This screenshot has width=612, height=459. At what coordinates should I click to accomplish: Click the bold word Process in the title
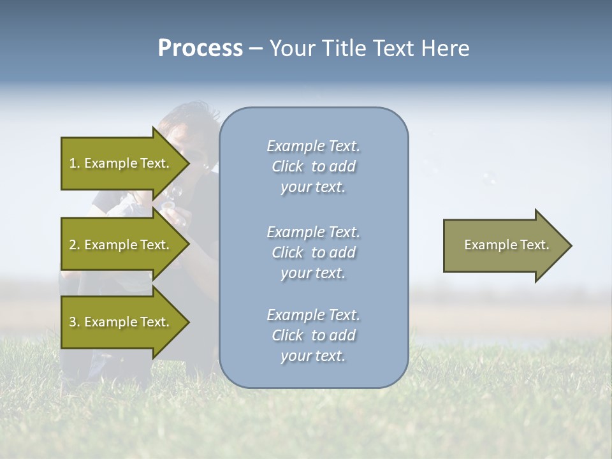[200, 48]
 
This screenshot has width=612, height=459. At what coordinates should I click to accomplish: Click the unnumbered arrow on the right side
[504, 245]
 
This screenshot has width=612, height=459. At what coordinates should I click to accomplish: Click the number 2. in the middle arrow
[75, 245]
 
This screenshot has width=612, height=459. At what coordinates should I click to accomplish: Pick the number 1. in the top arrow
[75, 163]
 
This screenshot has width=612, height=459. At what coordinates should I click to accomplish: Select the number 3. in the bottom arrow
[75, 322]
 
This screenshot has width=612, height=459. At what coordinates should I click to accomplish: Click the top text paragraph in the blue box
[313, 166]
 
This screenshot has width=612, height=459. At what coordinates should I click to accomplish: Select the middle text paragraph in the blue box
[313, 252]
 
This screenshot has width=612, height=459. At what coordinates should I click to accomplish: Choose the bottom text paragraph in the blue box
[313, 335]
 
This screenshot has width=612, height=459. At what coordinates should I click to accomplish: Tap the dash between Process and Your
[256, 48]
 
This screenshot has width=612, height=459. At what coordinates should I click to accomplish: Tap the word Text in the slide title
[392, 48]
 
